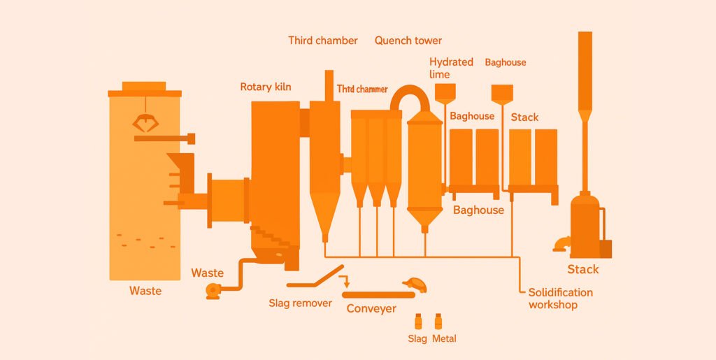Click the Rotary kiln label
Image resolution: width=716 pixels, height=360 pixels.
[x=266, y=87]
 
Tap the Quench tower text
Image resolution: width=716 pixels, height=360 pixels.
[x=408, y=41]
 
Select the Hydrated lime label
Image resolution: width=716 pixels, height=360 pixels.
[x=450, y=68]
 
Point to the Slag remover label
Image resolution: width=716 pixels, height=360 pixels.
[x=301, y=303]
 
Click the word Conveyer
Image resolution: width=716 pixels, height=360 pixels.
[x=371, y=308]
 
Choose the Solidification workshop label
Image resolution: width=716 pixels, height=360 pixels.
[x=560, y=298]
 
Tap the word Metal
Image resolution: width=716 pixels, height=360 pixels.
[x=444, y=338]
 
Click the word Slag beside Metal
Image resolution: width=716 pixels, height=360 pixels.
[x=417, y=338]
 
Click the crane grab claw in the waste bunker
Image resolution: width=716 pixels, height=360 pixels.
[x=145, y=124]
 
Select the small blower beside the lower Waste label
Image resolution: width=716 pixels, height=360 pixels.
[x=213, y=290]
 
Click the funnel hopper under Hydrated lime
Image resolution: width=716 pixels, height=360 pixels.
[x=445, y=92]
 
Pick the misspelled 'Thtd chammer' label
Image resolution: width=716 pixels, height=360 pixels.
[x=362, y=89]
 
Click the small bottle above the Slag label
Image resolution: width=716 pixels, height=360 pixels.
[x=418, y=322]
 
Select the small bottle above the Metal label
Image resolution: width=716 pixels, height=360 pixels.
[x=439, y=322]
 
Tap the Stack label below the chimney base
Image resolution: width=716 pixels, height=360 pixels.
[x=583, y=269]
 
